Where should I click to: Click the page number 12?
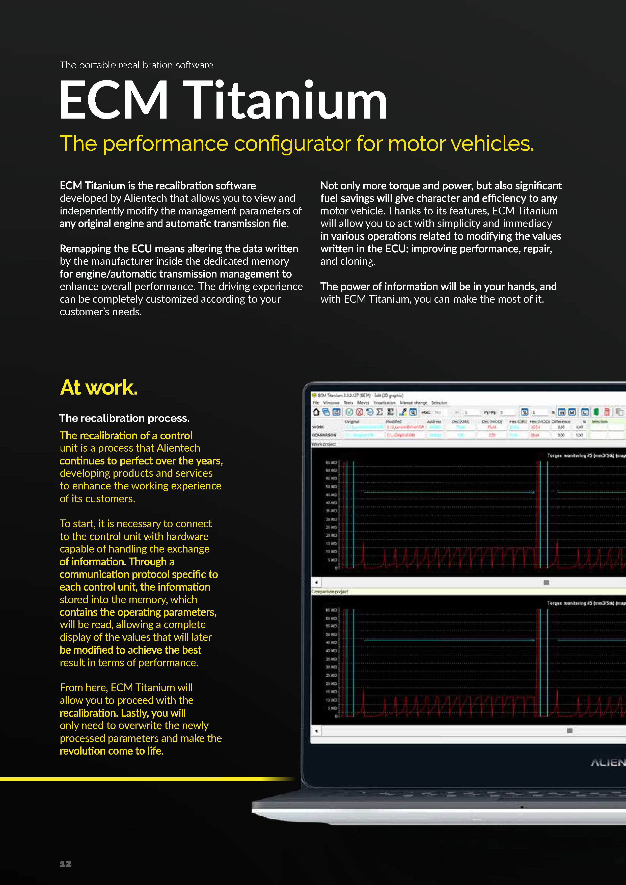[66, 864]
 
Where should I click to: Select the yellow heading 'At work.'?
[99, 388]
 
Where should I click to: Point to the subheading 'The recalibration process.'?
[124, 418]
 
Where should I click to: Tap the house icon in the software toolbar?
[316, 412]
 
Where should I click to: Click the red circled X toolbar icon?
[359, 412]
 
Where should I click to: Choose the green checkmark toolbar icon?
[349, 412]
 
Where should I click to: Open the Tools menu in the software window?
[348, 402]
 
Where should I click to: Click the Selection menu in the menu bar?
[439, 402]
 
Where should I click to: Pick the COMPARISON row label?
[324, 435]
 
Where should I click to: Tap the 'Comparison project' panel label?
[330, 592]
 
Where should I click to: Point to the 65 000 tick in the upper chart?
[331, 462]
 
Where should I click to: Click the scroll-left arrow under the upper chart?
[316, 583]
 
